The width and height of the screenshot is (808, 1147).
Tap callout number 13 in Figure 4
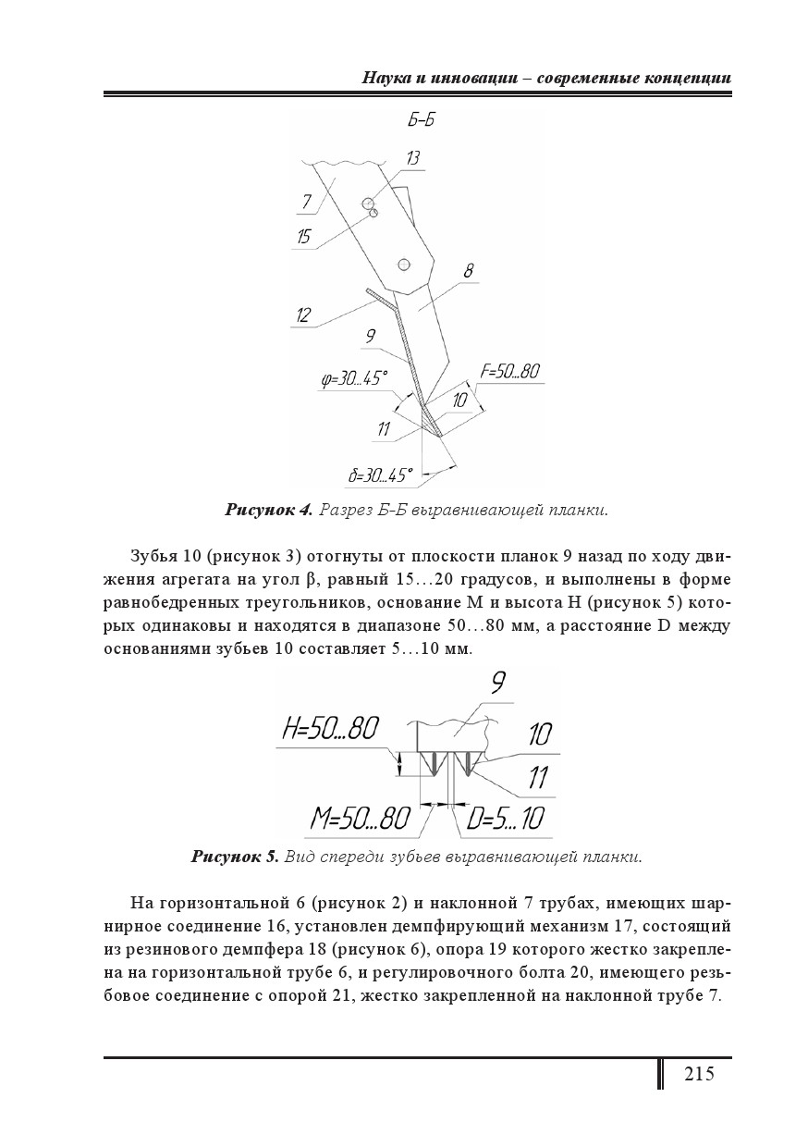pyautogui.click(x=411, y=158)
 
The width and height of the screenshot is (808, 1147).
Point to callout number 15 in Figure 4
pyautogui.click(x=303, y=237)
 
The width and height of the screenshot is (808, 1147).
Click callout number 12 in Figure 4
pyautogui.click(x=303, y=314)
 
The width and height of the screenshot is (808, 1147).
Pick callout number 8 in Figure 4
pyautogui.click(x=468, y=271)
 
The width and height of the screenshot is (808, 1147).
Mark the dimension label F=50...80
pyautogui.click(x=509, y=372)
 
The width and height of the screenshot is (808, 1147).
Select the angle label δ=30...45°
pyautogui.click(x=380, y=476)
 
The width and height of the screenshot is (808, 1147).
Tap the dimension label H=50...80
pyautogui.click(x=330, y=729)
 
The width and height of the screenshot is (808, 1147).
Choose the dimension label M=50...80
pyautogui.click(x=360, y=818)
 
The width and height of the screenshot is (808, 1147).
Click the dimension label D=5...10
pyautogui.click(x=505, y=818)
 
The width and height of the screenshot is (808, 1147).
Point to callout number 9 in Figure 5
pyautogui.click(x=497, y=683)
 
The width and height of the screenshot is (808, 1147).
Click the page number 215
pyautogui.click(x=699, y=1074)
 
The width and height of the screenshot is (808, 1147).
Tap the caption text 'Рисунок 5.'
pyautogui.click(x=235, y=856)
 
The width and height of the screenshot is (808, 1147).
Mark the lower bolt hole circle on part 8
pyautogui.click(x=403, y=265)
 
